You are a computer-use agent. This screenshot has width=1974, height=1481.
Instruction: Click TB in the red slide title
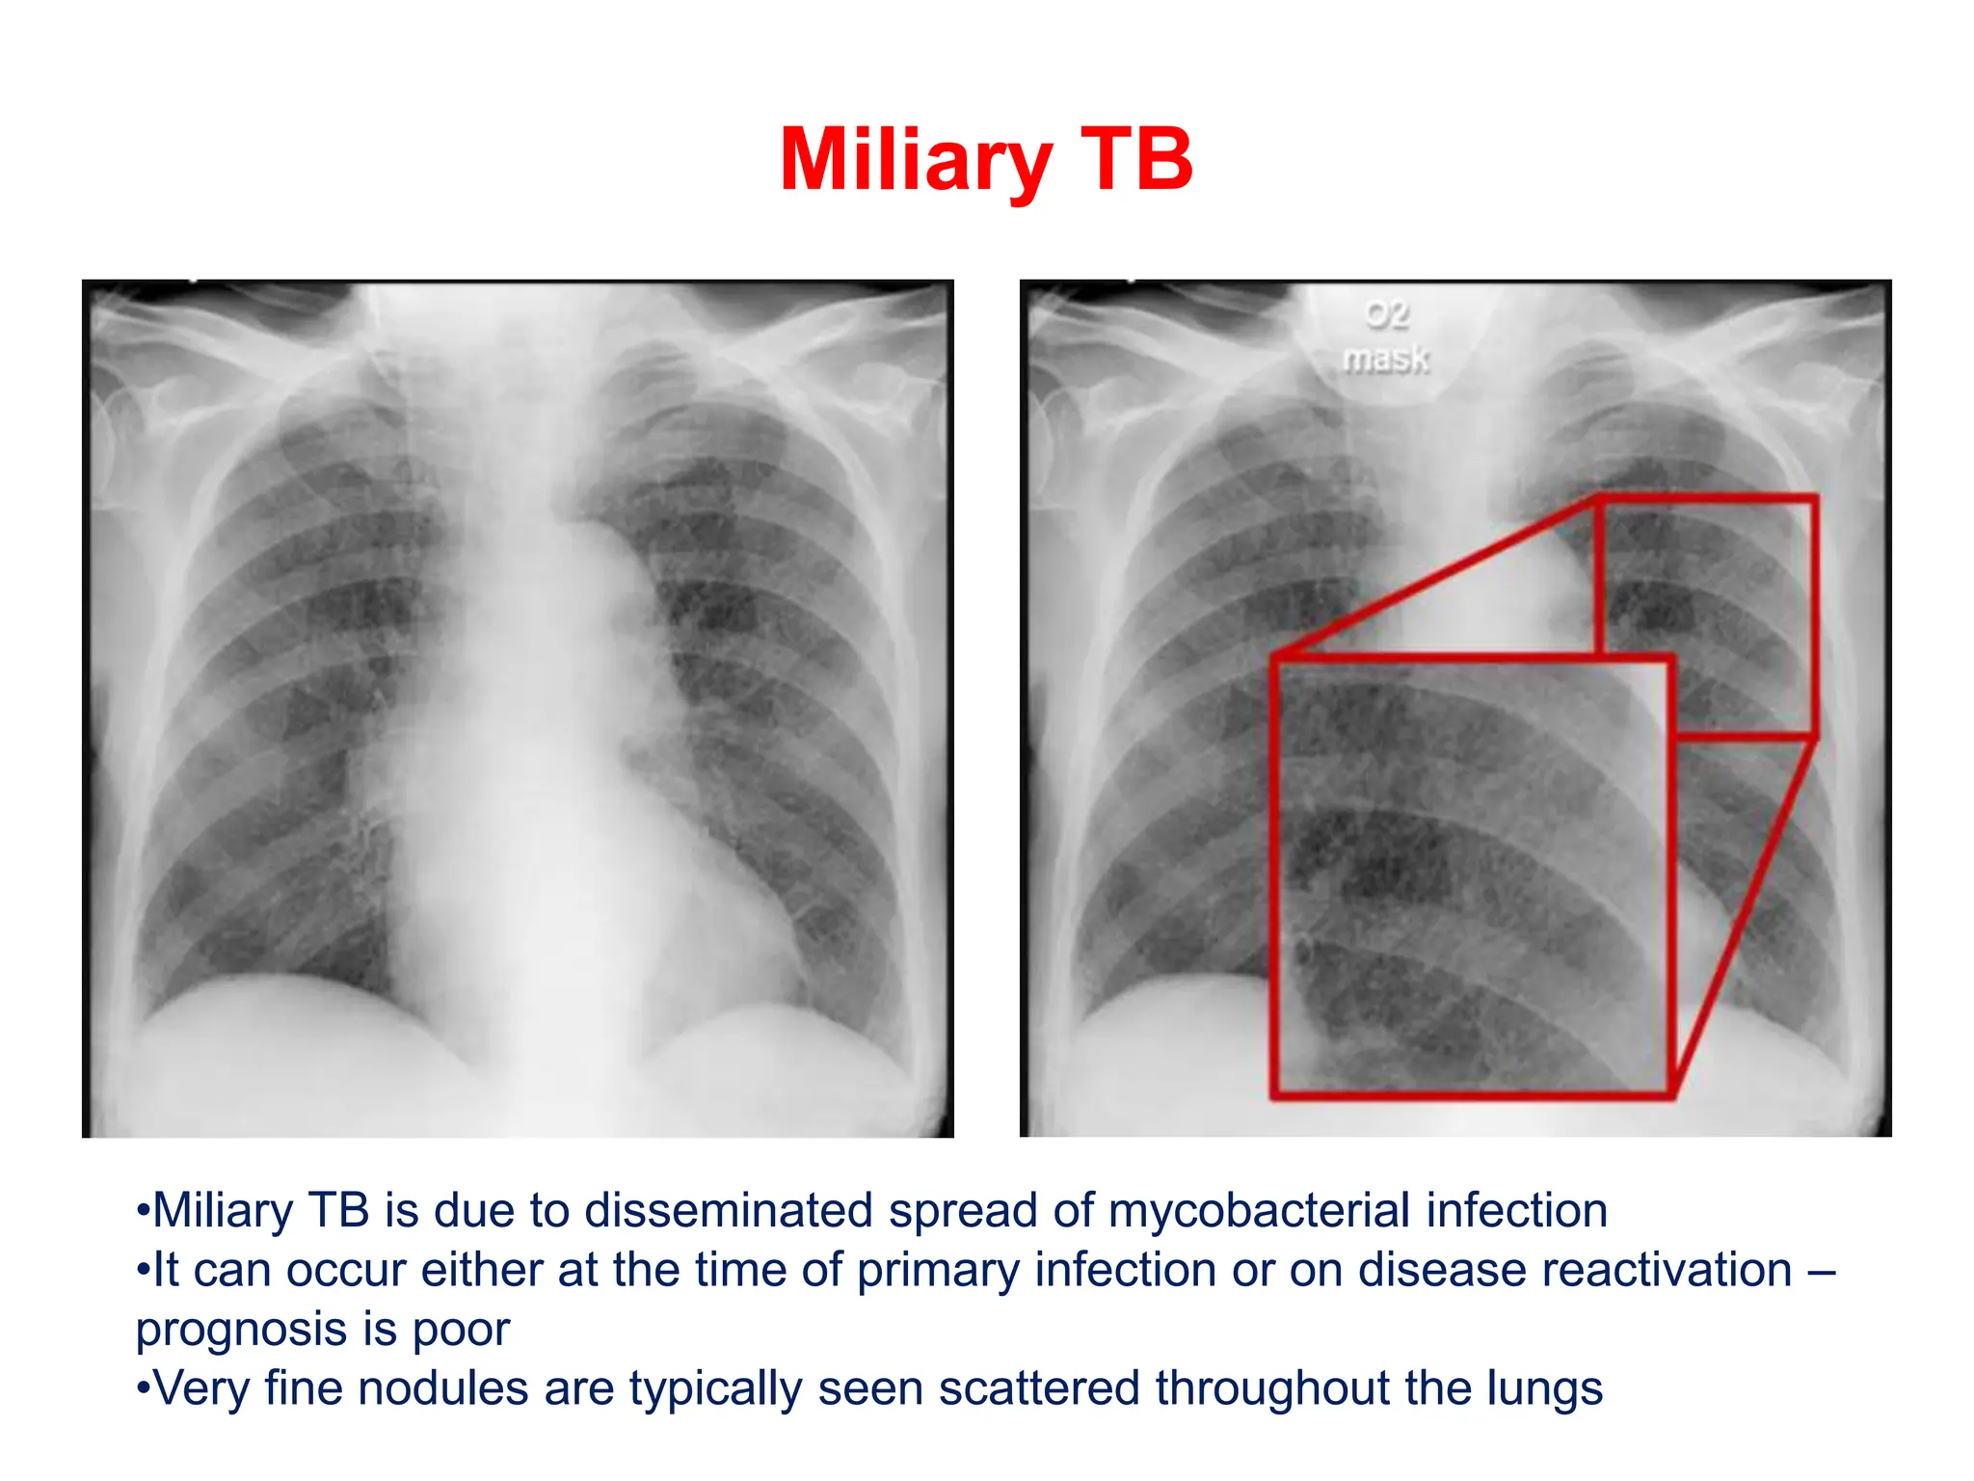pyautogui.click(x=1137, y=160)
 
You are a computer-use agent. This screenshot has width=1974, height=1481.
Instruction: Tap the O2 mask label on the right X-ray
pyautogui.click(x=1386, y=337)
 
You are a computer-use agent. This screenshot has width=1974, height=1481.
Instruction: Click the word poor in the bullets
pyautogui.click(x=461, y=1331)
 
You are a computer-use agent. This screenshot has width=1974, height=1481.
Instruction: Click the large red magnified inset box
pyautogui.click(x=1472, y=877)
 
